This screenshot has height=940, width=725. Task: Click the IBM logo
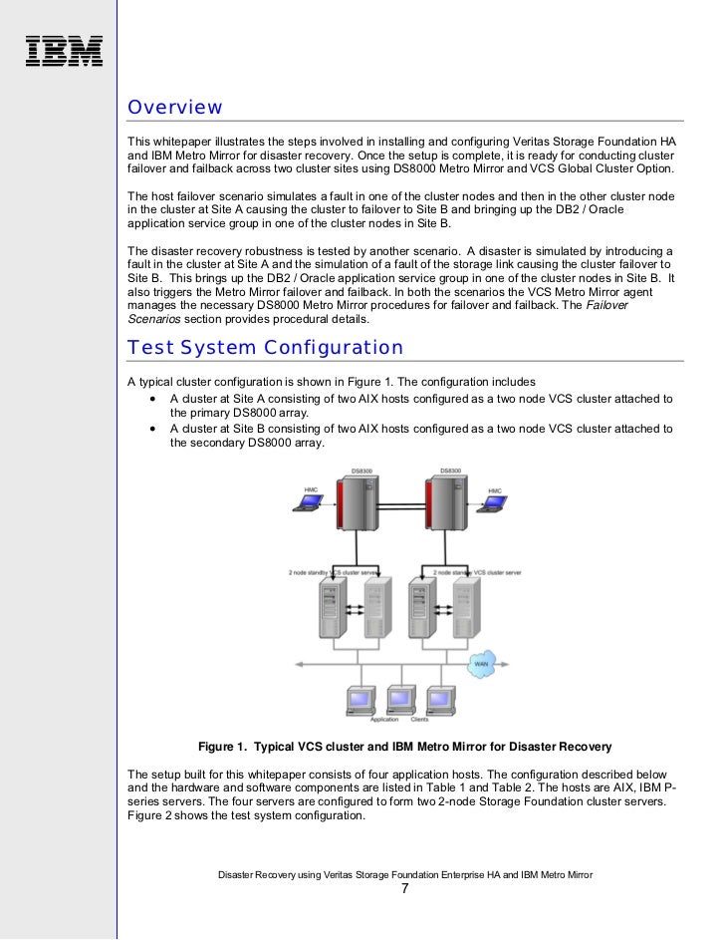tap(64, 51)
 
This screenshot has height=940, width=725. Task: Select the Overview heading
tap(174, 108)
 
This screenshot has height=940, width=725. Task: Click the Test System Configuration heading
tap(265, 348)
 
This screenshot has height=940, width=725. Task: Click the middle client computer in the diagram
tap(401, 699)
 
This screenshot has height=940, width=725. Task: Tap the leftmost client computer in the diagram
tap(359, 699)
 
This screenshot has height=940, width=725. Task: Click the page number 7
tap(404, 889)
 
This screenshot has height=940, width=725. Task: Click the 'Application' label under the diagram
tap(383, 720)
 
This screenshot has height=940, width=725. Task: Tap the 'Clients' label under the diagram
tap(419, 720)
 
